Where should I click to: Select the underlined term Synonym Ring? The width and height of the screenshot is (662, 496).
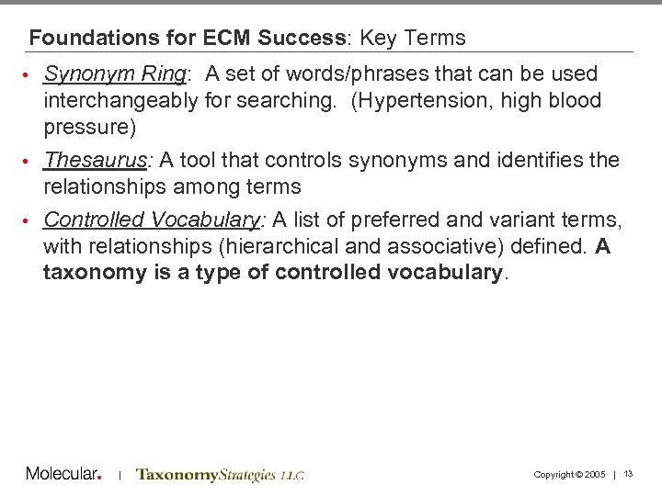click(x=115, y=73)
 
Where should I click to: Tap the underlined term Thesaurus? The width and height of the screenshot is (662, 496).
click(x=96, y=160)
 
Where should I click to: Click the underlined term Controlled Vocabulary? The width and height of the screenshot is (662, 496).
click(x=152, y=220)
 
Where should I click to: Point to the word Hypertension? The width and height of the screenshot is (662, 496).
click(x=410, y=100)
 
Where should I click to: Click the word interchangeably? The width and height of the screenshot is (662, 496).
click(x=120, y=100)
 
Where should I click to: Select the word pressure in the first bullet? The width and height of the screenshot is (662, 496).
click(x=89, y=127)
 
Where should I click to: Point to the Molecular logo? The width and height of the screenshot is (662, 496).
click(x=63, y=474)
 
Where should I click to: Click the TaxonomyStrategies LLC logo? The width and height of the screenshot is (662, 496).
click(x=220, y=475)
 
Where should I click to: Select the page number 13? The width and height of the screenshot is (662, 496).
click(x=629, y=474)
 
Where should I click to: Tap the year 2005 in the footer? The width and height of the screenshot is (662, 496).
click(x=594, y=475)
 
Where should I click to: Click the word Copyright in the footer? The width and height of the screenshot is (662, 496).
click(x=552, y=475)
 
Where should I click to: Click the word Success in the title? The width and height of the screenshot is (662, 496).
click(x=301, y=39)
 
